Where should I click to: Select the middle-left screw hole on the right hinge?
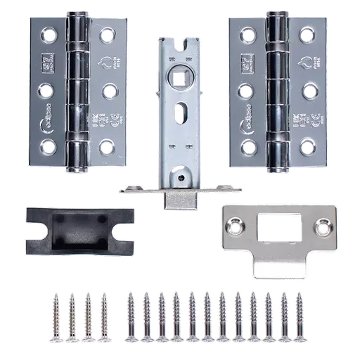[x=245, y=90]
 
